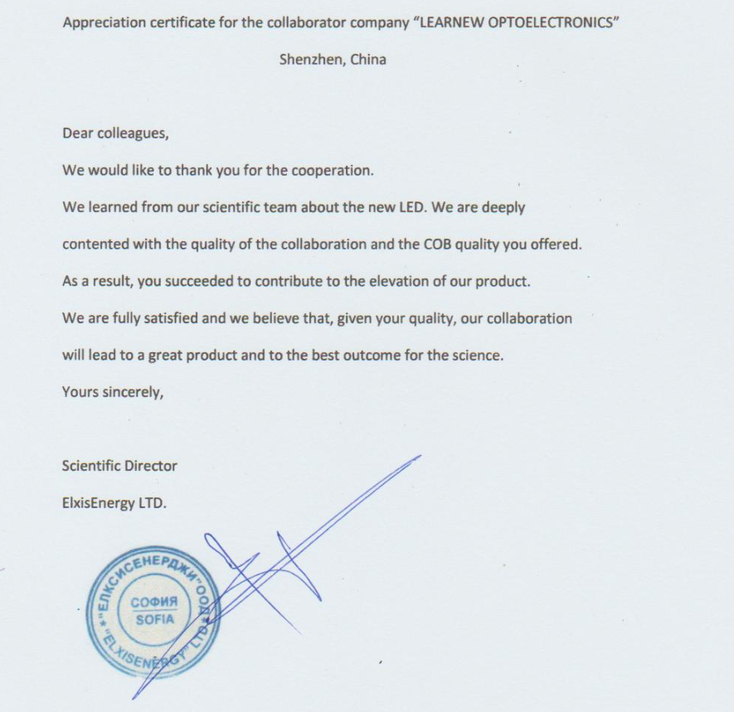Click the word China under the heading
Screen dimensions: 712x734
(x=368, y=60)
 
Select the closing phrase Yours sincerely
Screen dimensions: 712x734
(x=113, y=392)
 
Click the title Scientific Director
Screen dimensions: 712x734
(x=119, y=466)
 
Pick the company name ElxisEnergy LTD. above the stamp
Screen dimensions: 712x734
(x=114, y=502)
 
